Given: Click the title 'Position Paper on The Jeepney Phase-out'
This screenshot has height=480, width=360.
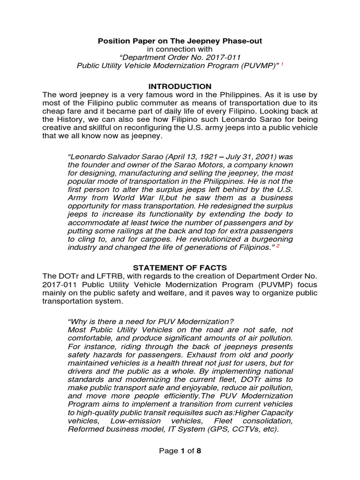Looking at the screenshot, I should click(x=180, y=41).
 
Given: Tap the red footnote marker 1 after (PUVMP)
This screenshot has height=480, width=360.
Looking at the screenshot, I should click(x=282, y=65).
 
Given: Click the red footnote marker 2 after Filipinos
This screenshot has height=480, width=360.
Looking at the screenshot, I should click(x=277, y=246).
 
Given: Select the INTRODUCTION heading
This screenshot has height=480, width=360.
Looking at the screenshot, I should click(x=180, y=87).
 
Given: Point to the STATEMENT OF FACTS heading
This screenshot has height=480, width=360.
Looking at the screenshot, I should click(x=180, y=268).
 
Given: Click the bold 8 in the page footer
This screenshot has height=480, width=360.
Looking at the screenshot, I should click(x=198, y=451).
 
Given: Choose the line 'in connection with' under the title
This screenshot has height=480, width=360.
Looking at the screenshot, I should click(x=180, y=49).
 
